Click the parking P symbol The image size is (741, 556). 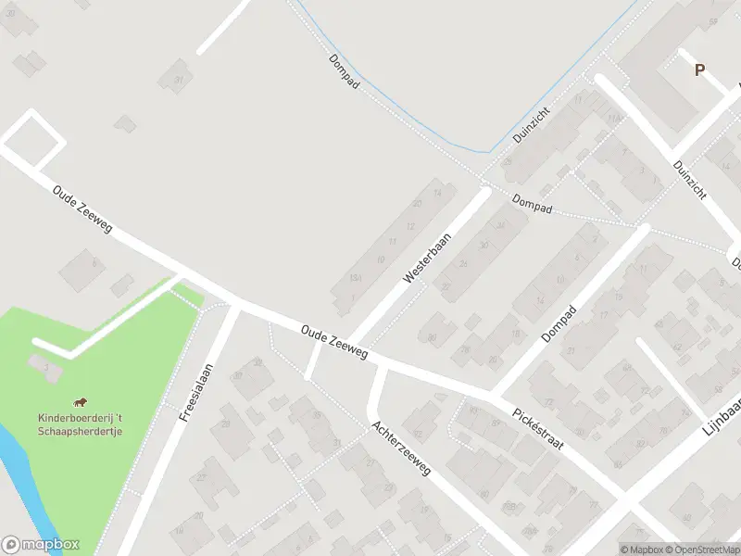click(699, 69)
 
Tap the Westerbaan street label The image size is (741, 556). click(427, 258)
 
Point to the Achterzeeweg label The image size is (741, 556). click(401, 449)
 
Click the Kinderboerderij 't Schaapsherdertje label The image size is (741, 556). click(81, 424)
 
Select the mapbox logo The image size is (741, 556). click(41, 545)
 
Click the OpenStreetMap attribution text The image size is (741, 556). click(703, 550)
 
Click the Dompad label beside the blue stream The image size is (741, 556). click(344, 71)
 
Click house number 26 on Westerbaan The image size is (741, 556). click(464, 265)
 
